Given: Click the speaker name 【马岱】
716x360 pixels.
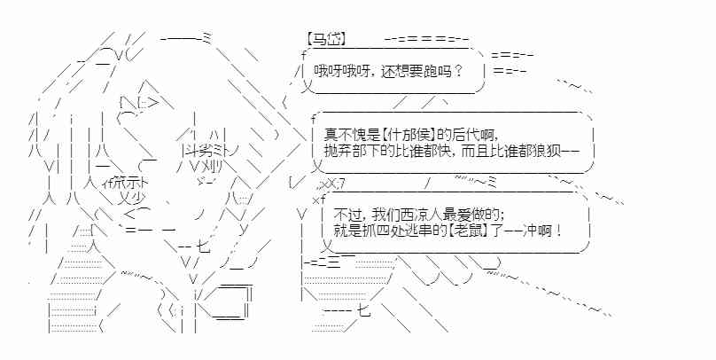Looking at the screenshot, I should pyautogui.click(x=324, y=40).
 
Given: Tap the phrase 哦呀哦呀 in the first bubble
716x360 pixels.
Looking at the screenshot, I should pyautogui.click(x=340, y=71).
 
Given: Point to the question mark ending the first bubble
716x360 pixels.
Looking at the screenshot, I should pyautogui.click(x=458, y=71).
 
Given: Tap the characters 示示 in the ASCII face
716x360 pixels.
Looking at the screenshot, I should pyautogui.click(x=131, y=183).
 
